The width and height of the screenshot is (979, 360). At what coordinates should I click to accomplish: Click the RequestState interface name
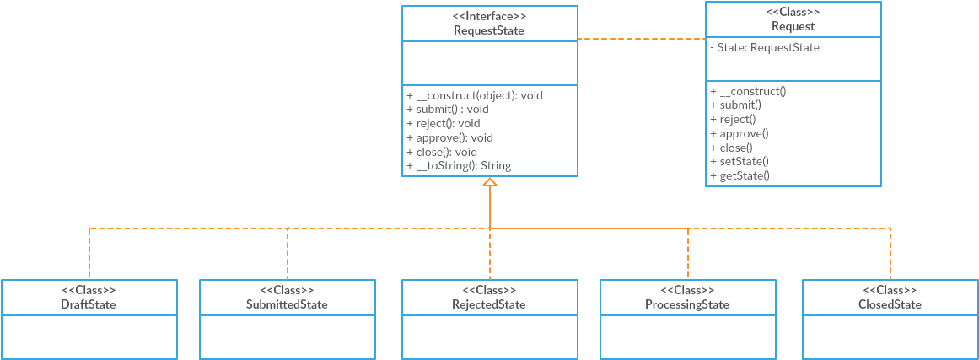pos(489,30)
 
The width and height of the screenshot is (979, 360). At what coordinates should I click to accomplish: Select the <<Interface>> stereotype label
pos(489,16)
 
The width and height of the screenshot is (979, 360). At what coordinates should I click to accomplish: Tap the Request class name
pos(793,26)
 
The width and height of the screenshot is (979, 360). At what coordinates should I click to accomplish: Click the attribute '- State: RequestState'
pos(764,47)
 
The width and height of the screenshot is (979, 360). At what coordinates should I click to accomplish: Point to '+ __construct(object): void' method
pos(474,95)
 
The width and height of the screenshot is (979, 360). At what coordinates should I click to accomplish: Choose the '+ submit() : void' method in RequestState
pos(447,109)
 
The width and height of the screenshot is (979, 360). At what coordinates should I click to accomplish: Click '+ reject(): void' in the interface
pos(443,123)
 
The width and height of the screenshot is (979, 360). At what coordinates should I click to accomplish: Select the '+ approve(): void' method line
pos(449,137)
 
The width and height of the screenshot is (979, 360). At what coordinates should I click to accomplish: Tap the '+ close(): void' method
pos(441,152)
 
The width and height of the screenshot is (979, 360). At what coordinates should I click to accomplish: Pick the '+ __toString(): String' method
pos(458,166)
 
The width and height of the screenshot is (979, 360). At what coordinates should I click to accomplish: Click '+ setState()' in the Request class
pos(739,161)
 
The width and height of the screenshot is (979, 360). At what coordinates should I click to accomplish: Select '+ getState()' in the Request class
pos(740,175)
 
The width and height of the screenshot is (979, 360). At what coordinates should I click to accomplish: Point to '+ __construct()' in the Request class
pos(747,90)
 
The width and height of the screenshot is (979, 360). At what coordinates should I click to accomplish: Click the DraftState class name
pos(89,304)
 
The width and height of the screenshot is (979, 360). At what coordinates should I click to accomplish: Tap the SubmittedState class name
pos(287,304)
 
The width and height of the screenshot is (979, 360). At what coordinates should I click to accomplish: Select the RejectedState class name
pos(489,304)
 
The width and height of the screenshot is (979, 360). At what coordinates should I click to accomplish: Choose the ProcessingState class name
pos(687,304)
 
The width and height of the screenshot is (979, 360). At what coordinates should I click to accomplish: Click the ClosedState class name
pos(890,304)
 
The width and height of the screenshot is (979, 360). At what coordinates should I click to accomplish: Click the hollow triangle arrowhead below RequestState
pos(490,181)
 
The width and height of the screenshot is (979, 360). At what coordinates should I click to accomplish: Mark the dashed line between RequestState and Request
pos(641,39)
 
